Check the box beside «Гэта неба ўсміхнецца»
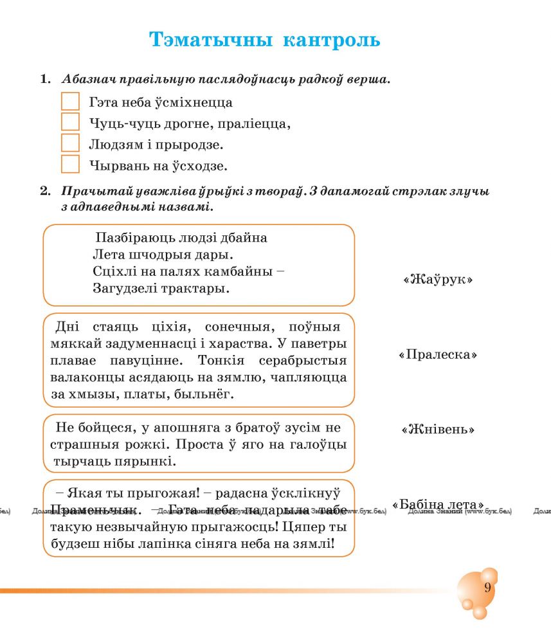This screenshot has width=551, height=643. pyautogui.click(x=70, y=102)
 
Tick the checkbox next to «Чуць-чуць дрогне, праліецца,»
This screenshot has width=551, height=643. pyautogui.click(x=70, y=122)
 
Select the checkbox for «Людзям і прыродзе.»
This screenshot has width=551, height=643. pyautogui.click(x=70, y=143)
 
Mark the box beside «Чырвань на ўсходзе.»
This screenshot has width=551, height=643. pyautogui.click(x=70, y=165)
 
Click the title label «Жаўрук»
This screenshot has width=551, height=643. pyautogui.click(x=438, y=280)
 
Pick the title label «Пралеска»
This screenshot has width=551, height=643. pyautogui.click(x=437, y=355)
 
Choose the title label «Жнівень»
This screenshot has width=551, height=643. pyautogui.click(x=438, y=429)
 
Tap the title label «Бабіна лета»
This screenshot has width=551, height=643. pyautogui.click(x=438, y=504)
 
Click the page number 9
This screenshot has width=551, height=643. pyautogui.click(x=487, y=588)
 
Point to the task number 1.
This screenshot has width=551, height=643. pyautogui.click(x=44, y=80)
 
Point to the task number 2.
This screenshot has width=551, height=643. pyautogui.click(x=44, y=192)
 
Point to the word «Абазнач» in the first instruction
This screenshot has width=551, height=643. pyautogui.click(x=88, y=80)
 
